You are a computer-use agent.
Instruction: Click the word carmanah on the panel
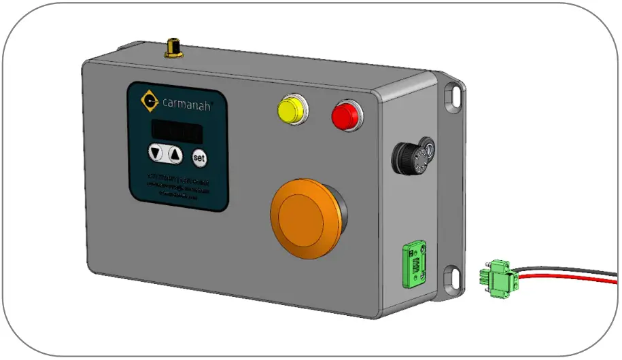(x=188, y=105)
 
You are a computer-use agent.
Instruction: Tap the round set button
(x=198, y=158)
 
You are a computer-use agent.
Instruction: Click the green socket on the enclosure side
(x=415, y=266)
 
